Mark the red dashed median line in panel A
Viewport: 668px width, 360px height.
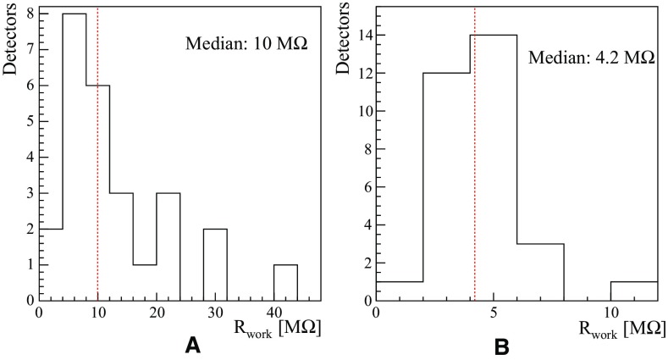98,102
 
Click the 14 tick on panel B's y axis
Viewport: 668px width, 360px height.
362,36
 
